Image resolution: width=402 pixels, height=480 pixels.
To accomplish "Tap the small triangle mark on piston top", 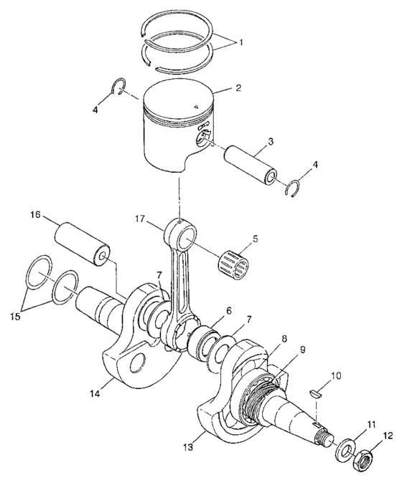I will pyautogui.click(x=195, y=107).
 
